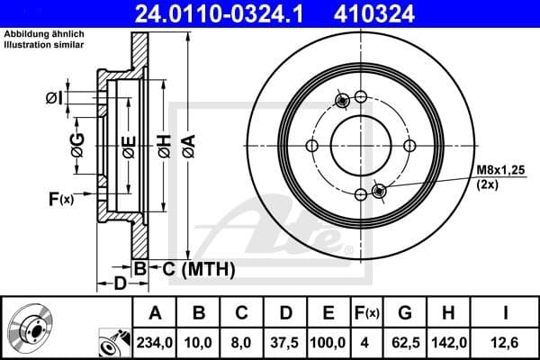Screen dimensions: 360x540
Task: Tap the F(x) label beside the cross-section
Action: pos(59,199)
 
